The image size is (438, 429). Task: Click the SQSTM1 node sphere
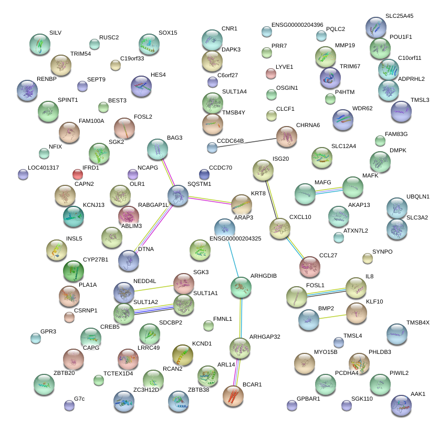178,195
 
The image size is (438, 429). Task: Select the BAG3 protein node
157,150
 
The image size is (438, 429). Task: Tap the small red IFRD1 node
78,174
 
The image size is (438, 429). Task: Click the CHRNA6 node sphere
286,137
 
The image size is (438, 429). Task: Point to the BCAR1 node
233,396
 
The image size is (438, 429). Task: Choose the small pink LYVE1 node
271,74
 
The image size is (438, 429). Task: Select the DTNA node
129,260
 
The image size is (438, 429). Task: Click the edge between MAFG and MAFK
328,190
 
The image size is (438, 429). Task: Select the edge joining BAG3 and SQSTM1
168,172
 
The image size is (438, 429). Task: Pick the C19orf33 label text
132,58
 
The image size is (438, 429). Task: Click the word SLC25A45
399,16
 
